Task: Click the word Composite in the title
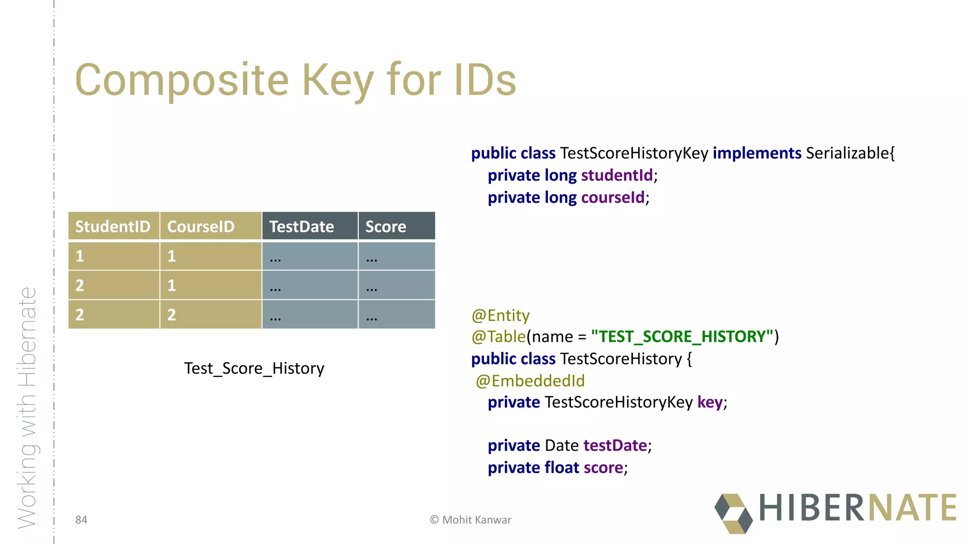pos(181,80)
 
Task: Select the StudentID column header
pos(113,227)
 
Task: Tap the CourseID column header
pos(201,227)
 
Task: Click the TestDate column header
pos(302,227)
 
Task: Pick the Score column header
pos(386,227)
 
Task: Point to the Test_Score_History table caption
pos(254,368)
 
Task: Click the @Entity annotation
pos(501,315)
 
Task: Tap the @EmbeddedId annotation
pos(530,381)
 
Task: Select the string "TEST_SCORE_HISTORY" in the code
pos(682,337)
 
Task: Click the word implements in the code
pos(757,153)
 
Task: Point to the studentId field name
pos(617,175)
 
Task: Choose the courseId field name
pos(613,197)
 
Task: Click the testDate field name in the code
pos(615,445)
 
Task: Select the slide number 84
pos(81,520)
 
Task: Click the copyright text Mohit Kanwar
pos(476,520)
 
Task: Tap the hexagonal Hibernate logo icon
pos(733,513)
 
